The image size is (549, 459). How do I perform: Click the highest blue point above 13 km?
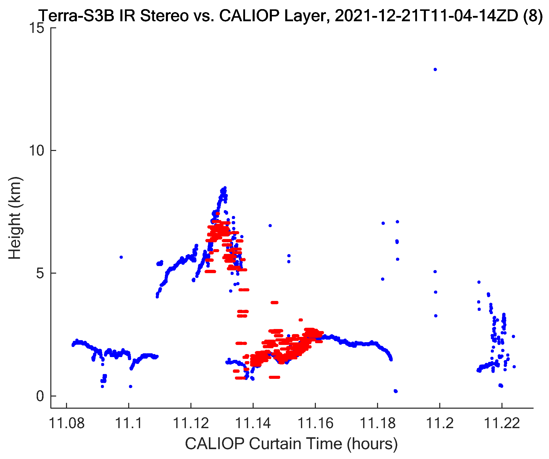[x=435, y=70]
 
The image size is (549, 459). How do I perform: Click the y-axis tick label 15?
[x=36, y=28]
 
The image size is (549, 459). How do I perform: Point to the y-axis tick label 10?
[x=36, y=150]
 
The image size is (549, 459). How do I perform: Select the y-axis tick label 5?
[x=40, y=273]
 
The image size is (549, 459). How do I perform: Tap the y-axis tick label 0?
[x=40, y=396]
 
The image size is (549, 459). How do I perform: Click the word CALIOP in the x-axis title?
[x=215, y=444]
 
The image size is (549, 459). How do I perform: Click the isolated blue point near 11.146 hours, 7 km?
[x=270, y=226]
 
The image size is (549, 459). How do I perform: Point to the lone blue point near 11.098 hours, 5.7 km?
[x=121, y=257]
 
